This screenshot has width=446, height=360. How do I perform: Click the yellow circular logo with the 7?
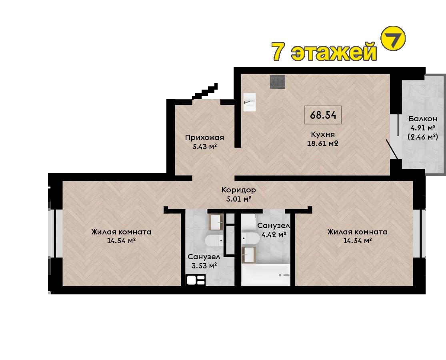[393, 38]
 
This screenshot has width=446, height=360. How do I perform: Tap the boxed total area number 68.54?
[323, 115]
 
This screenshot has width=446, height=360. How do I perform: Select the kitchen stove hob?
[278, 82]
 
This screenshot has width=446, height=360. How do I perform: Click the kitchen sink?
[250, 102]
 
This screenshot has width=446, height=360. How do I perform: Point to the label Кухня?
[322, 134]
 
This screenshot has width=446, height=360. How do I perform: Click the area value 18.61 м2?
[322, 143]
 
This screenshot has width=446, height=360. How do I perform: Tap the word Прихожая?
[204, 138]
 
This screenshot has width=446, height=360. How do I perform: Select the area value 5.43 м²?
[205, 147]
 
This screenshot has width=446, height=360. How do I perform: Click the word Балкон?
[423, 118]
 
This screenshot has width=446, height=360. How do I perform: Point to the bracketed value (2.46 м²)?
[423, 137]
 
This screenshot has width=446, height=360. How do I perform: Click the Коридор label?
[239, 190]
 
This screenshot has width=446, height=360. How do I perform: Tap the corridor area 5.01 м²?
[239, 199]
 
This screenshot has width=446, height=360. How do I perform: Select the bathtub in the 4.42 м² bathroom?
[266, 275]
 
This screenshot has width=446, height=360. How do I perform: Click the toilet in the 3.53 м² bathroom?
[215, 240]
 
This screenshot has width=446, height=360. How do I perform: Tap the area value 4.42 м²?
[274, 234]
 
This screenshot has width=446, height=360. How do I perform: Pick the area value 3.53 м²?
[204, 266]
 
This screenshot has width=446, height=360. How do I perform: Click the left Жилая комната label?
[121, 232]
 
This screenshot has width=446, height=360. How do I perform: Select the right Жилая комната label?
[358, 232]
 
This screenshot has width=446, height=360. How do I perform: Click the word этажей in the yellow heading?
[334, 52]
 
